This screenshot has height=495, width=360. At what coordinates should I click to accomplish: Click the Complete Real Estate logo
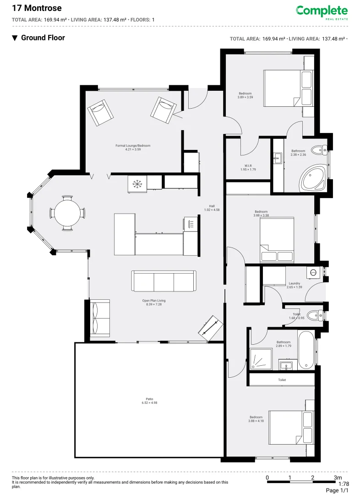(x=322, y=12)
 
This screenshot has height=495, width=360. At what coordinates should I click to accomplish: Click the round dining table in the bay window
(x=67, y=213)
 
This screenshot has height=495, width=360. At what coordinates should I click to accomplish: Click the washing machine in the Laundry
(x=314, y=272)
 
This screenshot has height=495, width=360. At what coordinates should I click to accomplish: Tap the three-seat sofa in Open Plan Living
(x=164, y=280)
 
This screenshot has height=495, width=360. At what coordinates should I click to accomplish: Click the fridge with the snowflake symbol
(x=136, y=184)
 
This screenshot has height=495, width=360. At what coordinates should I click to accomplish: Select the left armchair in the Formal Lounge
(x=100, y=112)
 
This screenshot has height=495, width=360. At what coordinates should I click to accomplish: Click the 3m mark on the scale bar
(x=338, y=478)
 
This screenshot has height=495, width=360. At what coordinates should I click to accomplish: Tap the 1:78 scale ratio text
(x=344, y=484)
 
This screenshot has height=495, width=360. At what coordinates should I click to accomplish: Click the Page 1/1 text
(x=337, y=490)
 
